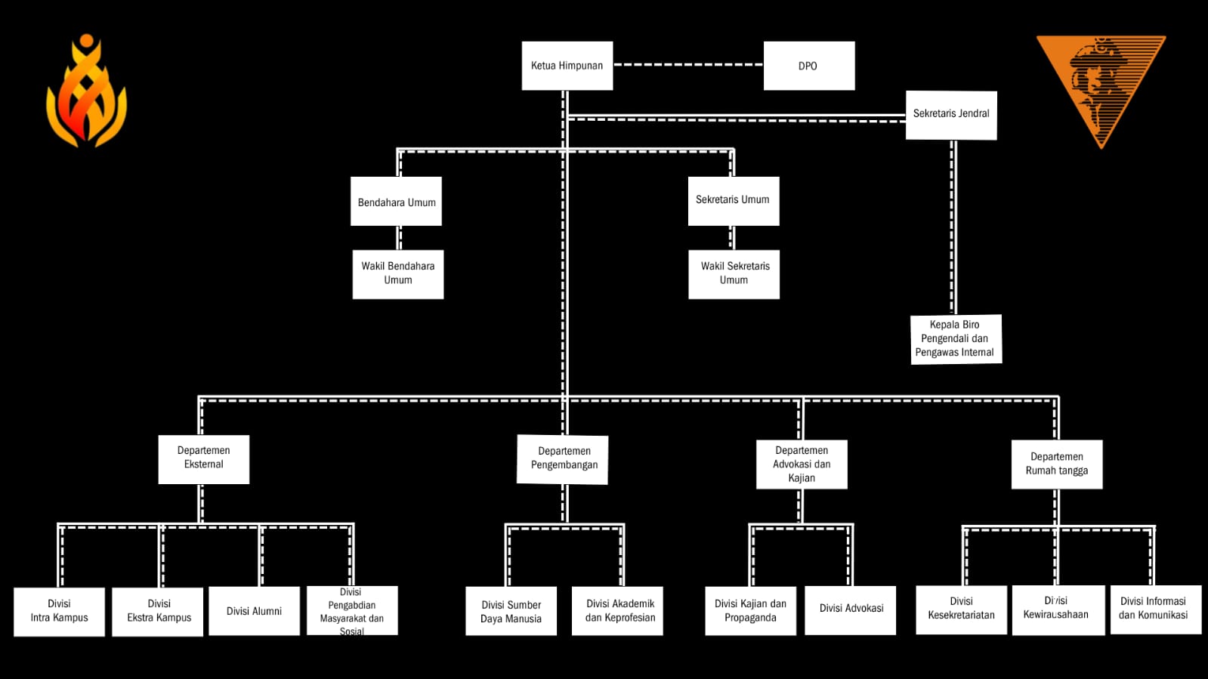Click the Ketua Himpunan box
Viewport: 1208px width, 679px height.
coord(567,66)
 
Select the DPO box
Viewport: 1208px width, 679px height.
coord(808,66)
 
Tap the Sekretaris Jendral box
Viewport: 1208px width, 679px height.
coord(951,115)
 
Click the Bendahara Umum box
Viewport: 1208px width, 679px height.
coord(396,202)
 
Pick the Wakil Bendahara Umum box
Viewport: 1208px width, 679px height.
coord(397,274)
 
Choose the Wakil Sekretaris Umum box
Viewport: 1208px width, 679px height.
coord(734,274)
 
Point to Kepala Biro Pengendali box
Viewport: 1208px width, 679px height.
coord(956,339)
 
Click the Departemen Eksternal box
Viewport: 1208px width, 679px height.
coord(203,458)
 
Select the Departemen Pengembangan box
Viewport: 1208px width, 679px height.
coord(564,458)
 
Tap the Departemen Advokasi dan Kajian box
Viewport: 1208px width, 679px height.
coord(802,464)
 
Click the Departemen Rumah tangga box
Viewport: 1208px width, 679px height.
coord(1056,464)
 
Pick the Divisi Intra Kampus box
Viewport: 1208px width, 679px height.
coord(59,611)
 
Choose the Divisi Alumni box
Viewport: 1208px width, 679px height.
coord(254,611)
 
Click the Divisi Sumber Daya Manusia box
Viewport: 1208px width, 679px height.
coord(511,611)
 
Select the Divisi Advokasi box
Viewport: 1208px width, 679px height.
coord(851,610)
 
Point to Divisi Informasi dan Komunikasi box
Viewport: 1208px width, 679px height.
coord(1154,609)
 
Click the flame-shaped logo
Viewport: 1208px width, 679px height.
coord(87,92)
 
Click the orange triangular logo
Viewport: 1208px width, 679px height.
coord(1100,83)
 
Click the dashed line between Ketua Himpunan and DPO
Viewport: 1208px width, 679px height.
coord(687,65)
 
